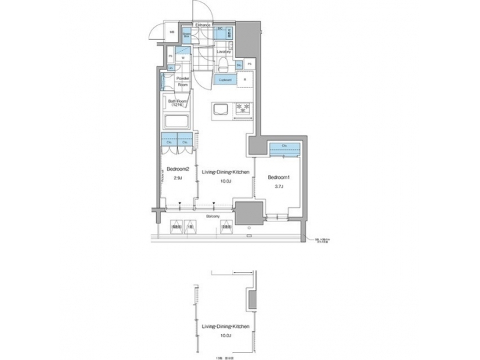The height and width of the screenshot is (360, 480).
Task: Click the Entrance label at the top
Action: click(203, 25)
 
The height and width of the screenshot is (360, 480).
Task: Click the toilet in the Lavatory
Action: click(223, 64)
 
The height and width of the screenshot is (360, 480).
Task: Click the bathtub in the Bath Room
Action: click(177, 122)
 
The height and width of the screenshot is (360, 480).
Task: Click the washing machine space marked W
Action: click(183, 57)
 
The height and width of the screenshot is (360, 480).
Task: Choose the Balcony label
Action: click(213, 217)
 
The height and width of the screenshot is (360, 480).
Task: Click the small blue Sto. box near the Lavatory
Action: click(239, 64)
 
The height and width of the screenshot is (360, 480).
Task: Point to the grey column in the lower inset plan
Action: click(251, 300)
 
